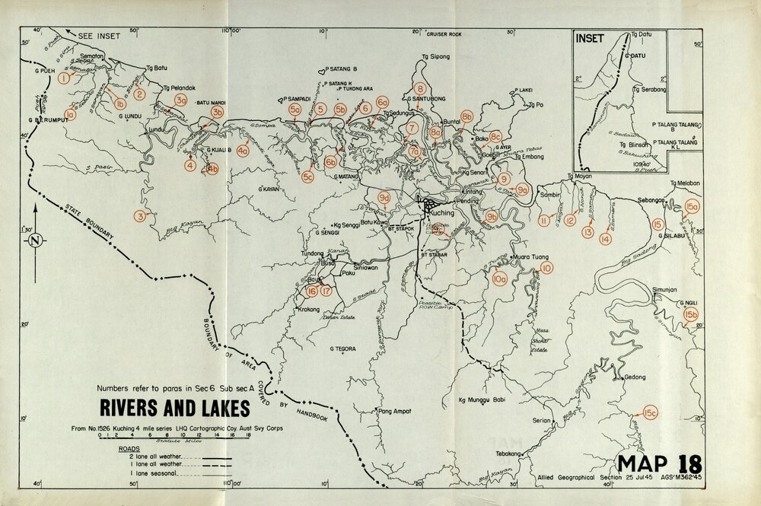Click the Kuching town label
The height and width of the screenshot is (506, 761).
[442, 214]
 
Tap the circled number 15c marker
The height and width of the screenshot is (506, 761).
[649, 413]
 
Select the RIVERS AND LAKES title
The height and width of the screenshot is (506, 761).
[175, 409]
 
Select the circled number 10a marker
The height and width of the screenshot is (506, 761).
[499, 280]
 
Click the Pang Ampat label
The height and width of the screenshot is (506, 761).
[394, 412]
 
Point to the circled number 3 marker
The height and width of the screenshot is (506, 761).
[139, 216]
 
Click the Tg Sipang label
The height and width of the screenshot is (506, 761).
[435, 56]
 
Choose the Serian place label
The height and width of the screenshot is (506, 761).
[541, 421]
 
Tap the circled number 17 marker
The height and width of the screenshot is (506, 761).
[326, 291]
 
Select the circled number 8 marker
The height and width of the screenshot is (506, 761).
[419, 88]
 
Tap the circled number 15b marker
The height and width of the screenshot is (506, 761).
[691, 314]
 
